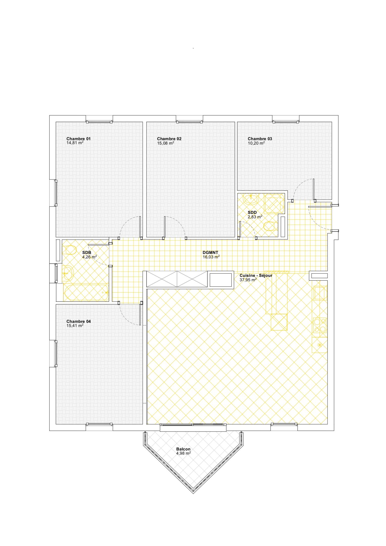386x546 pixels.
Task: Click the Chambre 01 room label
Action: [78, 139]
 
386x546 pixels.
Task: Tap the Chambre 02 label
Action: [169, 139]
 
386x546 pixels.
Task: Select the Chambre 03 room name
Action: [260, 139]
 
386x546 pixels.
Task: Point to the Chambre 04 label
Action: [78, 321]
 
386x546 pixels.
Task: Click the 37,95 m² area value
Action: [248, 280]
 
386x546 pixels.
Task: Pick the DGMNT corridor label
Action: [210, 252]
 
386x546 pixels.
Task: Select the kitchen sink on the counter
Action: [320, 293]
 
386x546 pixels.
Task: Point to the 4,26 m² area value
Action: [89, 257]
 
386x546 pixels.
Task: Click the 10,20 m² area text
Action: [256, 143]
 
